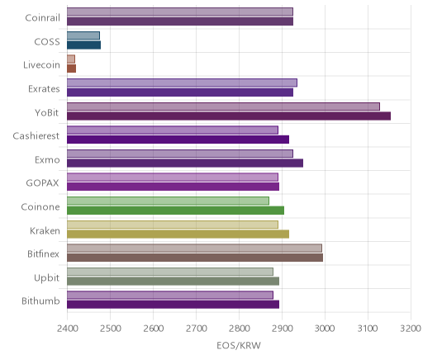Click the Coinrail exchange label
(42, 18)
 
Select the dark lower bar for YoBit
(229, 116)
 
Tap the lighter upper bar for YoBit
(223, 107)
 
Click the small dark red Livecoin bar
(71, 69)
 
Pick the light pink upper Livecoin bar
(71, 59)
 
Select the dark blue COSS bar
(83, 45)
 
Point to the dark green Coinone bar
(175, 211)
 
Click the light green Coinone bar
(168, 201)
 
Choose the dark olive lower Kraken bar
(178, 234)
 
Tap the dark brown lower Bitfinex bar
(195, 258)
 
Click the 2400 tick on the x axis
(67, 329)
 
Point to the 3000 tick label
(325, 329)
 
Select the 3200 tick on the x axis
(411, 329)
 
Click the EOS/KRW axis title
(239, 346)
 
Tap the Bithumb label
(40, 301)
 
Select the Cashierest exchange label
(36, 136)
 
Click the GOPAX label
(42, 183)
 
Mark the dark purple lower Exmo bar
(185, 163)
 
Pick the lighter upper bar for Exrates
(182, 83)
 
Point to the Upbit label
(46, 278)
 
